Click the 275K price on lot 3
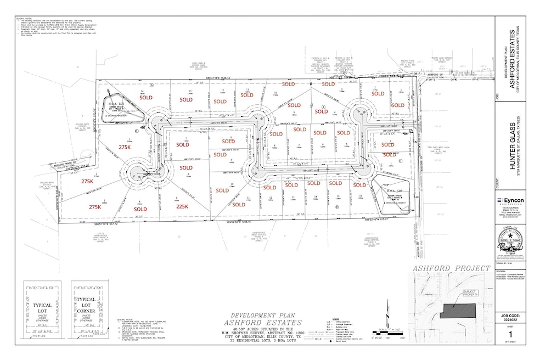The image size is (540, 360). tap(95, 207)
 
